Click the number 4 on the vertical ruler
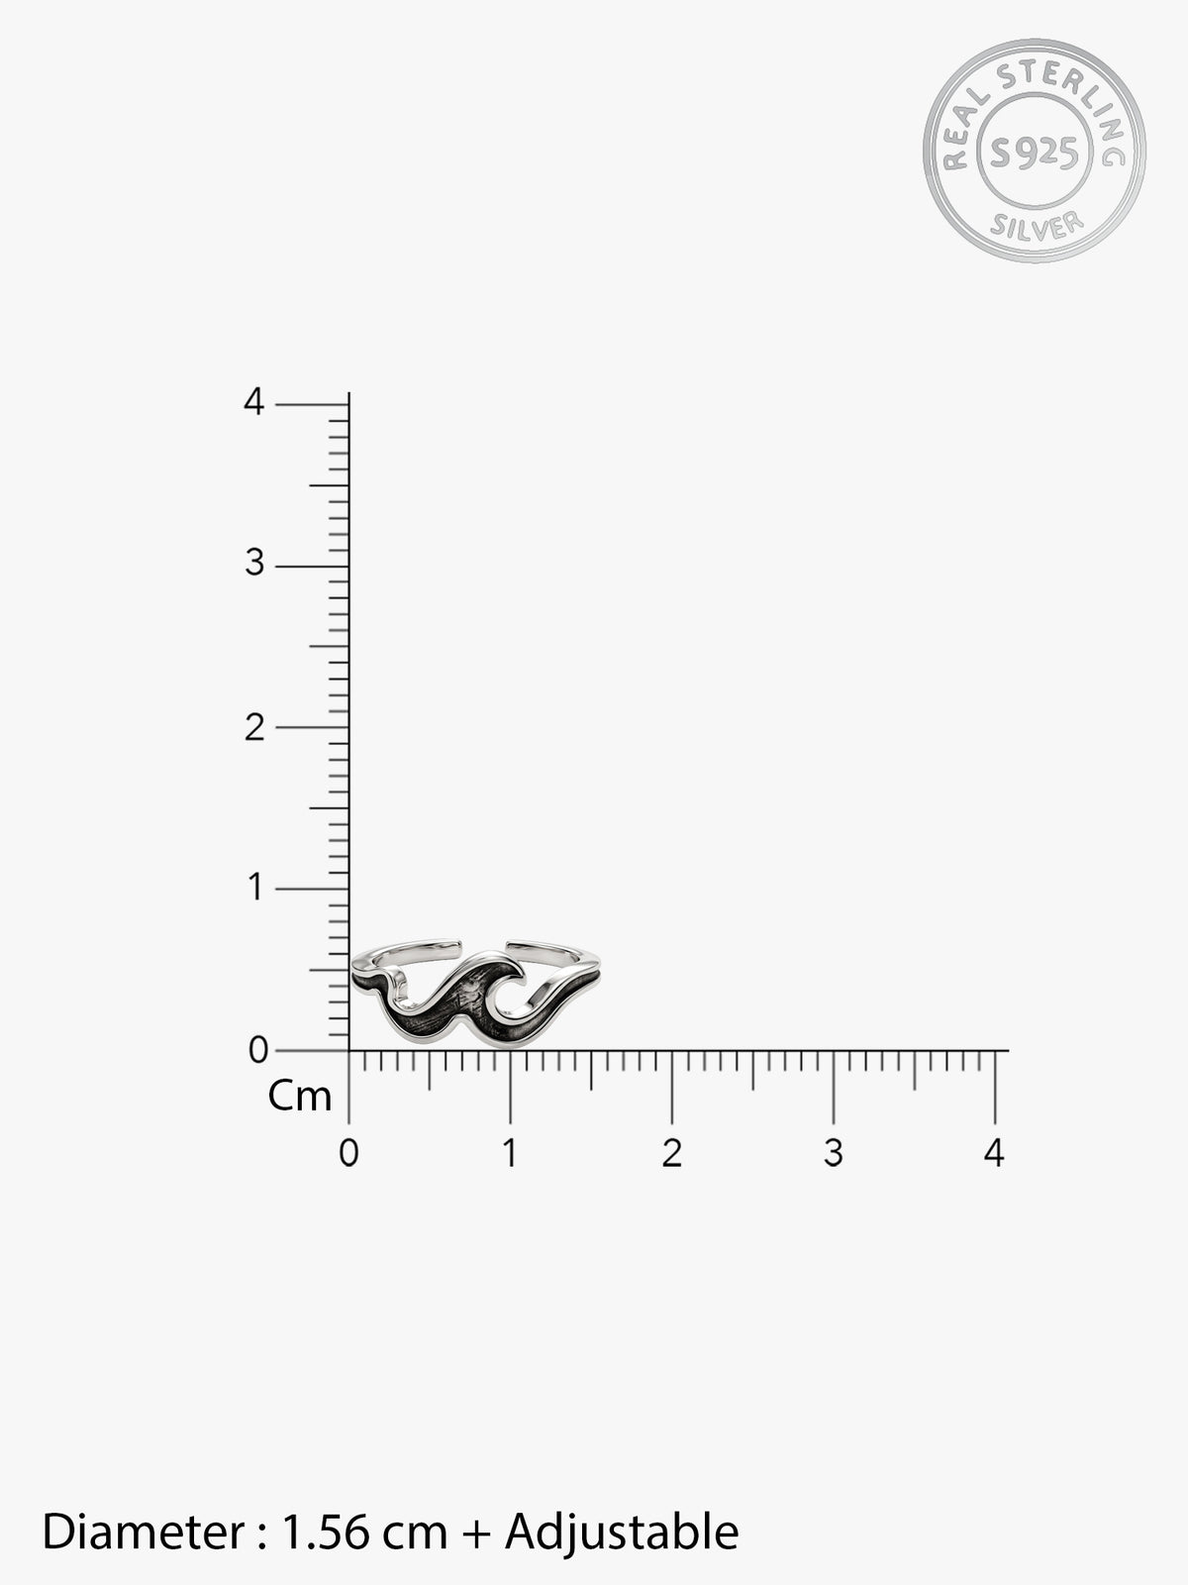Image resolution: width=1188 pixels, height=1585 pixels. [253, 401]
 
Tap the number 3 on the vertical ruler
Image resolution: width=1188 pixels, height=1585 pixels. [254, 563]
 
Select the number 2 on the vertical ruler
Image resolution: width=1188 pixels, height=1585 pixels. [254, 727]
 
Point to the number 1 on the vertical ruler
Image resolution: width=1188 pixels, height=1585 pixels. [254, 887]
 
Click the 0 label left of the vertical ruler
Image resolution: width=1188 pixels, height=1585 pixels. [258, 1050]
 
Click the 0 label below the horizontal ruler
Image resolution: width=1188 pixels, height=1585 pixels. [349, 1153]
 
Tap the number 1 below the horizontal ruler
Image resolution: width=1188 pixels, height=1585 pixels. [510, 1153]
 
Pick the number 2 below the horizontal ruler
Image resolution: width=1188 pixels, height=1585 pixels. [671, 1153]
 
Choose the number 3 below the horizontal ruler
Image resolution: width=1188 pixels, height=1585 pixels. [834, 1153]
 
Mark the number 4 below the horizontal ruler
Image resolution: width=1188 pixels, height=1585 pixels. [994, 1153]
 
